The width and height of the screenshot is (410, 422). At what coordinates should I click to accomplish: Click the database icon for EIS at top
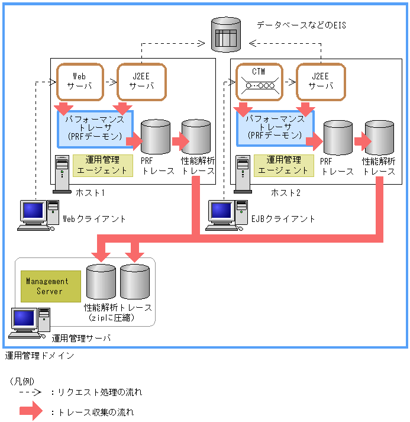click(x=226, y=33)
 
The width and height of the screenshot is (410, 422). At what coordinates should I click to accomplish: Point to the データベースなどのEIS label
click(x=301, y=25)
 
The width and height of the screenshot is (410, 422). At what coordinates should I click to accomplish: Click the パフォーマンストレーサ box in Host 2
click(x=275, y=128)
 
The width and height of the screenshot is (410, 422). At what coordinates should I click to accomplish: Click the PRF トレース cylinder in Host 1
click(x=156, y=137)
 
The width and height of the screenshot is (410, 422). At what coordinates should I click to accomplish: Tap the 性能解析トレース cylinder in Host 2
click(x=379, y=137)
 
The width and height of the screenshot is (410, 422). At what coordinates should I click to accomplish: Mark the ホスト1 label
click(x=90, y=192)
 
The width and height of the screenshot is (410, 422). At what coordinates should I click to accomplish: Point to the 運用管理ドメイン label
click(x=40, y=356)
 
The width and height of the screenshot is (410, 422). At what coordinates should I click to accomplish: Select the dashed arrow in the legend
click(x=29, y=392)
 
